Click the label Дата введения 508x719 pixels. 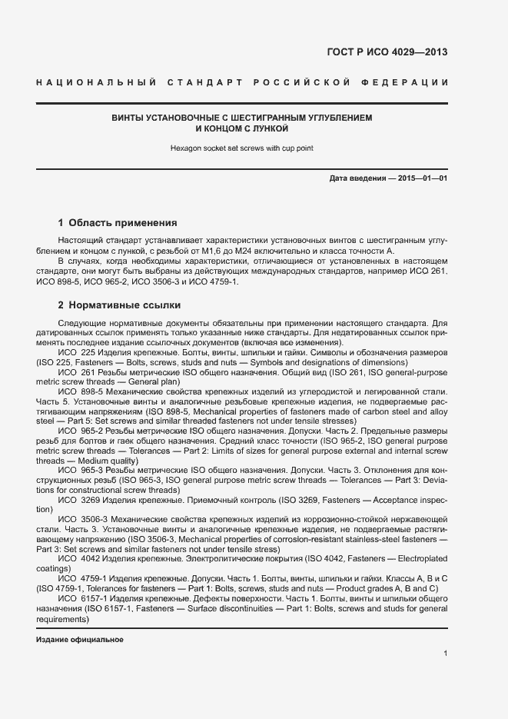point(357,178)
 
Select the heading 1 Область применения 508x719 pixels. point(118,223)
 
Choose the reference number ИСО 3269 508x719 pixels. point(77,500)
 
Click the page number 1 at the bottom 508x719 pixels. point(445,653)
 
